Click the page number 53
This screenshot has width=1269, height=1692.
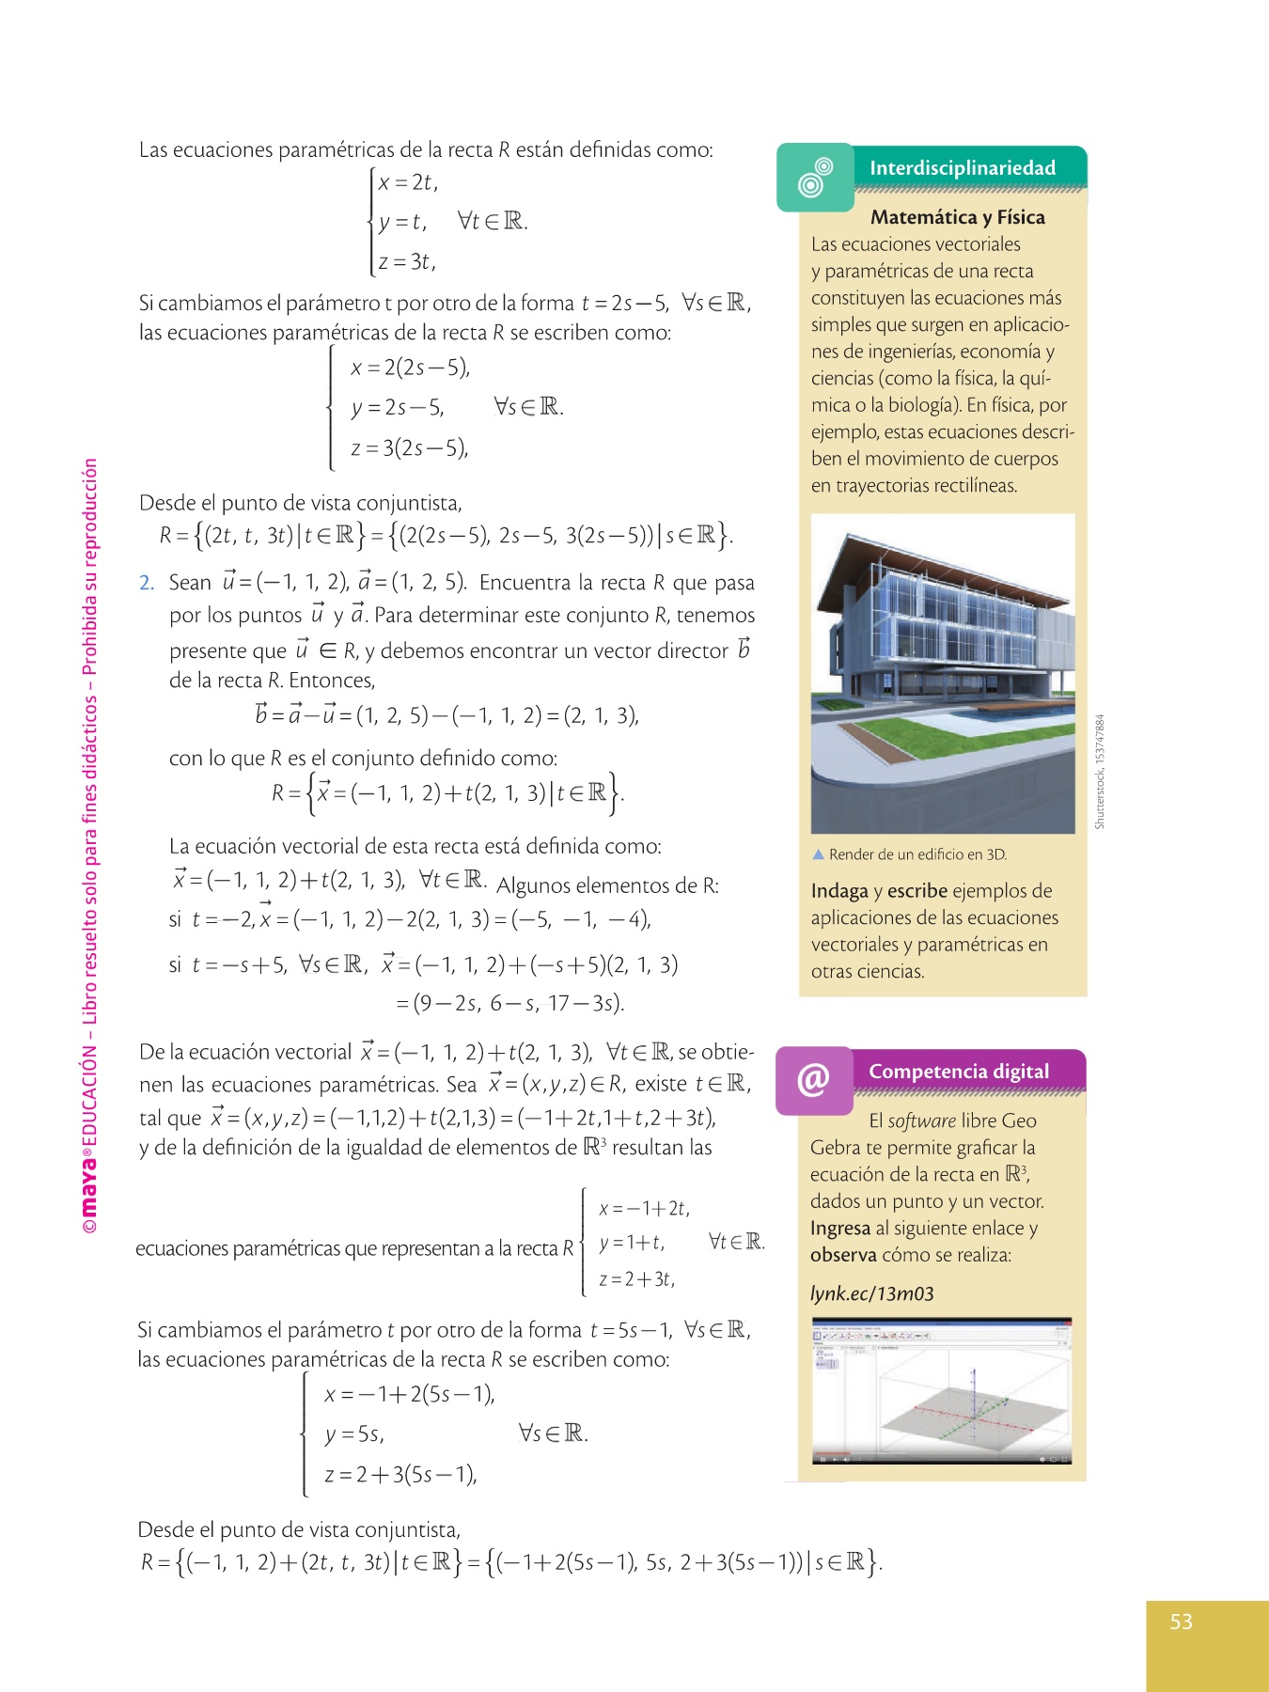point(1181,1621)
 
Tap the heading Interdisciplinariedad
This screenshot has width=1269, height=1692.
point(962,168)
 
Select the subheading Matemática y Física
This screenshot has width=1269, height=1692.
point(957,217)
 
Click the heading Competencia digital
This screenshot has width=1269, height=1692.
point(958,1072)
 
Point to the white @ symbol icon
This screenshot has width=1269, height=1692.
point(813,1079)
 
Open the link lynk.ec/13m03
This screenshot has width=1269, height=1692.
point(871,1293)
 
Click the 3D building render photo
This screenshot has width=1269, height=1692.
point(942,673)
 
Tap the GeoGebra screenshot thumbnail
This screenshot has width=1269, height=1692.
point(941,1391)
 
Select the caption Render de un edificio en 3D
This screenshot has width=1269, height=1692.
point(916,854)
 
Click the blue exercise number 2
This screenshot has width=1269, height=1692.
point(146,583)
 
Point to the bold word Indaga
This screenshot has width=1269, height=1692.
point(839,891)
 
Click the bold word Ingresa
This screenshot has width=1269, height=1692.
point(839,1229)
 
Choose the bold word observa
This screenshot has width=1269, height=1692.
point(843,1255)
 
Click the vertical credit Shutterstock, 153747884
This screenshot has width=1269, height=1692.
point(1099,771)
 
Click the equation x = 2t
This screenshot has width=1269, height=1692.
point(408,182)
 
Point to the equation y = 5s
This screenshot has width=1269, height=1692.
point(353,1434)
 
